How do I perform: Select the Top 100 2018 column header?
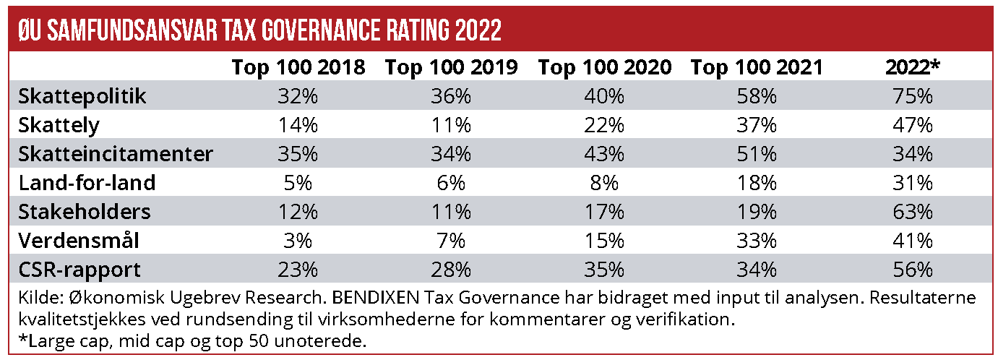(298, 67)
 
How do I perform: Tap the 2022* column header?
(913, 67)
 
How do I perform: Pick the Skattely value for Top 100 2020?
(604, 125)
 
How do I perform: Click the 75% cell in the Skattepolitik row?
(913, 96)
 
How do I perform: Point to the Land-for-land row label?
(87, 183)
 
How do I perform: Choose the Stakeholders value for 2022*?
(913, 212)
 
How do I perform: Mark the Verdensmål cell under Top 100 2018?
(298, 241)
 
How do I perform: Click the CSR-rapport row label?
(79, 270)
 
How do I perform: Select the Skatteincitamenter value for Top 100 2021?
(757, 154)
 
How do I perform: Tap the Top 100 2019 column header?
(451, 67)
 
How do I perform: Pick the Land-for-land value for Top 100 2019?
(451, 183)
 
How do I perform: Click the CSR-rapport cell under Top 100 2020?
(604, 270)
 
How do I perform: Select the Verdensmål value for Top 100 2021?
(757, 241)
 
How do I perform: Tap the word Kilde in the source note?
(34, 298)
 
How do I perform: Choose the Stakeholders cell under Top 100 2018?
(298, 212)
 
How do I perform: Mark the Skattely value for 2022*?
(913, 125)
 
